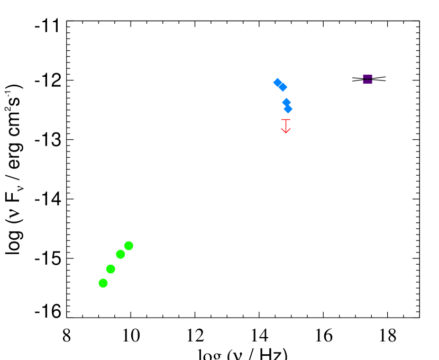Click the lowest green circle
pyautogui.click(x=103, y=283)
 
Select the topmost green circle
pyautogui.click(x=129, y=246)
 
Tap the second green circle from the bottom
pyautogui.click(x=111, y=269)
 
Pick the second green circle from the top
pyautogui.click(x=121, y=254)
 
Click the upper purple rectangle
pyautogui.click(x=368, y=77)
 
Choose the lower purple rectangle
pyautogui.click(x=368, y=82)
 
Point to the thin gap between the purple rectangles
pyautogui.click(x=368, y=79)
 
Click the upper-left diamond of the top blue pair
pyautogui.click(x=278, y=83)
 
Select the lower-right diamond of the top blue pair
pyautogui.click(x=282, y=87)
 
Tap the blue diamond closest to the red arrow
pyautogui.click(x=288, y=109)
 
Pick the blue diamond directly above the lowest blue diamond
pyautogui.click(x=286, y=102)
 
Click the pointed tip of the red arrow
pyautogui.click(x=286, y=133)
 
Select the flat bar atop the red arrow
pyautogui.click(x=286, y=120)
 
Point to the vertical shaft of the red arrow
pyautogui.click(x=286, y=126)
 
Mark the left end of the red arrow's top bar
pyautogui.click(x=281, y=120)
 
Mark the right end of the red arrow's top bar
pyautogui.click(x=290, y=120)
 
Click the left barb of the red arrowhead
pyautogui.click(x=282, y=129)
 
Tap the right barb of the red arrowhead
pyautogui.click(x=289, y=129)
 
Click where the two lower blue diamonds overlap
pyautogui.click(x=287, y=105)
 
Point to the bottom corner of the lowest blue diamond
pyautogui.click(x=288, y=114)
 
